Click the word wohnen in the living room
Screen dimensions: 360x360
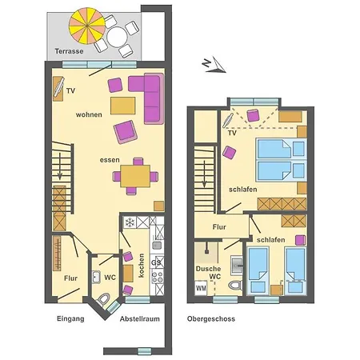[89, 115]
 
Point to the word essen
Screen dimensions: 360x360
[109, 160]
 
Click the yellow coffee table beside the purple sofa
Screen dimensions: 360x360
[123, 106]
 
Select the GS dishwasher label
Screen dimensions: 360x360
[157, 261]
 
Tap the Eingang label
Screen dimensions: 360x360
[70, 319]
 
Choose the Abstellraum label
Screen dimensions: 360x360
[138, 319]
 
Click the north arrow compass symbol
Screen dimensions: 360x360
[207, 62]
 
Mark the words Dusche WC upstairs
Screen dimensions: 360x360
[210, 272]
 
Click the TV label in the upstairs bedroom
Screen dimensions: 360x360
[232, 134]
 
